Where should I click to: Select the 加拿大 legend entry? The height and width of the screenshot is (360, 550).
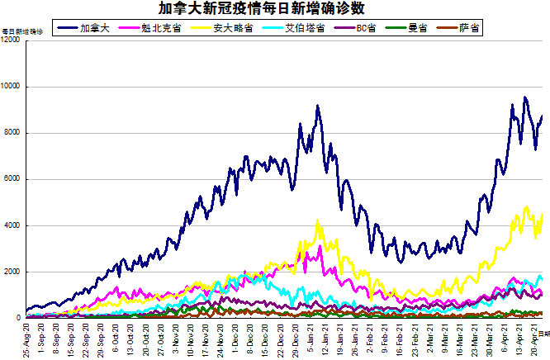tap(91, 28)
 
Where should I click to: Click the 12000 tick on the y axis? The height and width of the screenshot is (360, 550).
tap(12, 40)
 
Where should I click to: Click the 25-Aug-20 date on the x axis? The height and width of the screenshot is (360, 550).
tap(27, 339)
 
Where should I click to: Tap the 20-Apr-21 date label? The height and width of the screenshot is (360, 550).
tap(534, 339)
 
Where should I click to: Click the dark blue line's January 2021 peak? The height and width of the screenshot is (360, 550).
tap(317, 106)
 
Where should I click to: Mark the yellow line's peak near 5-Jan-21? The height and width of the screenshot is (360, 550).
tap(318, 220)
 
